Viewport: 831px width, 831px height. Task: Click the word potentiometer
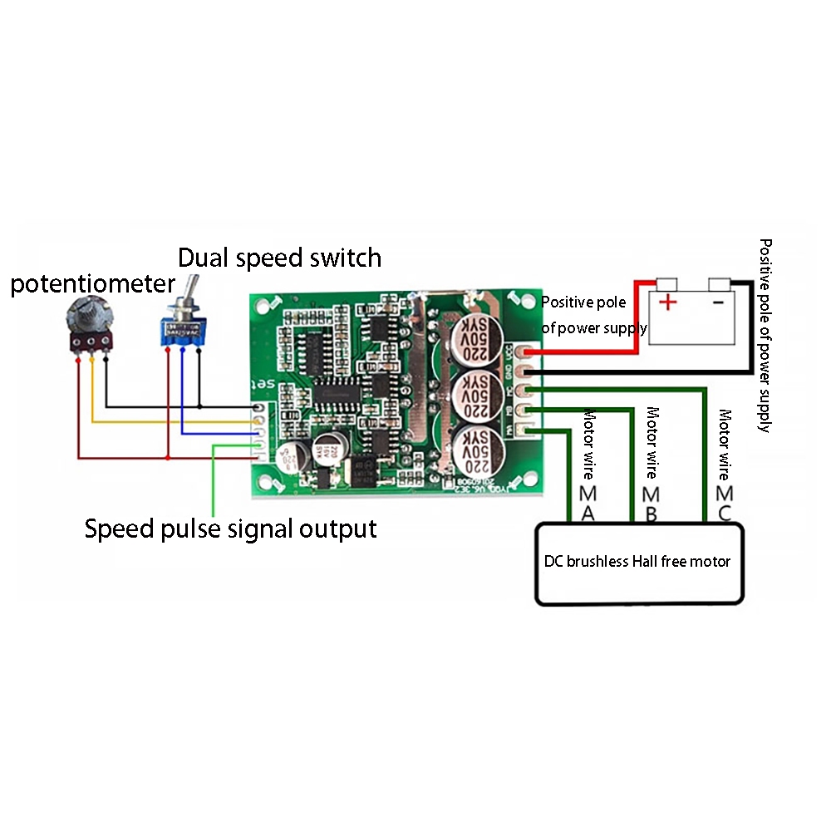coord(92,284)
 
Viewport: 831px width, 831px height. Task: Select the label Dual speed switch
coord(280,258)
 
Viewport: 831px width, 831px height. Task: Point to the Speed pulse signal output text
coord(231,529)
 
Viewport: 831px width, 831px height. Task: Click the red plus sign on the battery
coord(667,301)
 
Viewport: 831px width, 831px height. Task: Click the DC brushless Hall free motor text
coord(637,562)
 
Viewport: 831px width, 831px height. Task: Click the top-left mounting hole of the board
coord(271,307)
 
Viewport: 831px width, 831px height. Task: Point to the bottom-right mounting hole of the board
coord(526,481)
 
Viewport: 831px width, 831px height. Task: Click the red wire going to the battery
coord(637,316)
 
